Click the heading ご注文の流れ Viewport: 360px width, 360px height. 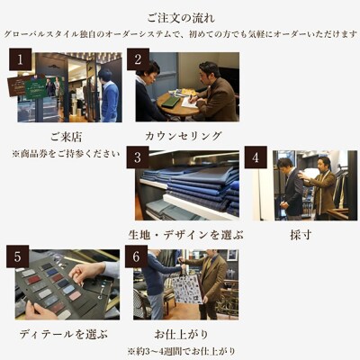pyautogui.click(x=179, y=16)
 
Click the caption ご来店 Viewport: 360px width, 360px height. pyautogui.click(x=66, y=137)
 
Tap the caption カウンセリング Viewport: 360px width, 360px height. pyautogui.click(x=183, y=137)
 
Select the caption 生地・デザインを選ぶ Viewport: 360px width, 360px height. pyautogui.click(x=185, y=235)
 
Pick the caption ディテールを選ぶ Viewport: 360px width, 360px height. pyautogui.click(x=64, y=334)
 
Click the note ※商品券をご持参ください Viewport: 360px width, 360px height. pyautogui.click(x=65, y=154)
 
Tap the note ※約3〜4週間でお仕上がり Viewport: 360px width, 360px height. pyautogui.click(x=184, y=350)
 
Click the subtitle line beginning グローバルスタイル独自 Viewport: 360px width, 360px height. pyautogui.click(x=180, y=33)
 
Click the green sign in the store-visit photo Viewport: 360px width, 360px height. pyautogui.click(x=35, y=88)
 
